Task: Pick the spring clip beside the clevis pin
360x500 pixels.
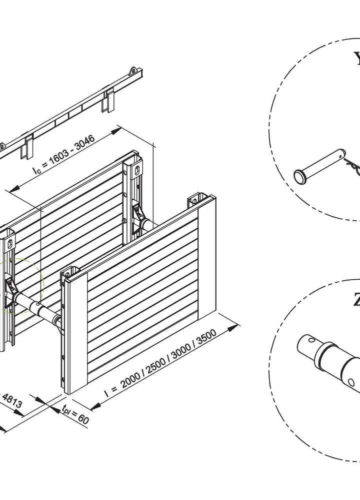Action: [352, 165]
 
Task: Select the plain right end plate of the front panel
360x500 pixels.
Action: [207, 258]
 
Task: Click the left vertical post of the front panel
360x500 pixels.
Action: [73, 330]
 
